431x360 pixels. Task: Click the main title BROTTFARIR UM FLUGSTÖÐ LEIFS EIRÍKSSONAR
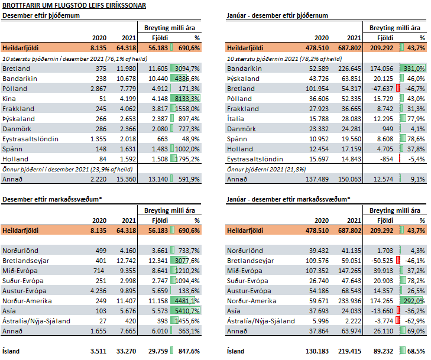74,5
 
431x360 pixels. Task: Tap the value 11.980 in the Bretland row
126,69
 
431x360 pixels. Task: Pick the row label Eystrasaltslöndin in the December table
30,139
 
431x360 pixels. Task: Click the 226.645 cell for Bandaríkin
349,69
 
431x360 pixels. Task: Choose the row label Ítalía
235,119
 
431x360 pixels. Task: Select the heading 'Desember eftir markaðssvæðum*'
52,199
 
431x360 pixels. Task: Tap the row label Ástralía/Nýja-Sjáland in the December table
36,321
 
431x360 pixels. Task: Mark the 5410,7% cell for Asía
187,311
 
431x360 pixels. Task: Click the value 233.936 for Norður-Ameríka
349,301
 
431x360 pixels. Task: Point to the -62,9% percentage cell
415,321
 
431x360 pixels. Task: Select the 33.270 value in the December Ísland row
126,351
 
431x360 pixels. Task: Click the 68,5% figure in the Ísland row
416,351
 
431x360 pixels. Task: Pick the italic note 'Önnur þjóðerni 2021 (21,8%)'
267,169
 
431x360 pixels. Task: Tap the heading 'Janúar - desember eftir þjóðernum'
277,15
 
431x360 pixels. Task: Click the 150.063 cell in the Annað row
349,179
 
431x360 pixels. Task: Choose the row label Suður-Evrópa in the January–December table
248,281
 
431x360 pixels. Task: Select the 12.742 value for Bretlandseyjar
126,261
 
